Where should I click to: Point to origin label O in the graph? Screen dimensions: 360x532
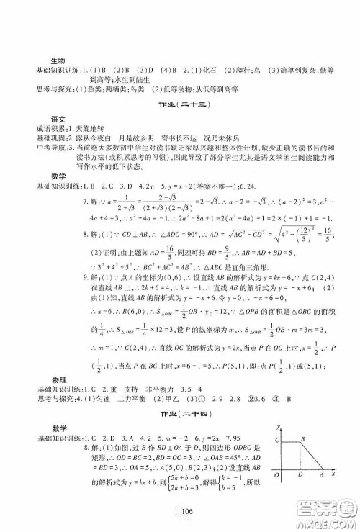[x=274, y=495]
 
